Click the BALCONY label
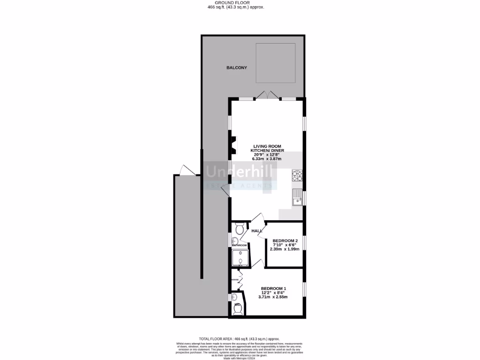(x=237, y=68)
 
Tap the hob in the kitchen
(x=298, y=176)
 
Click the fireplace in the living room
(x=233, y=145)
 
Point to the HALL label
(x=257, y=231)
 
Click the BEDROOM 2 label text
(x=285, y=241)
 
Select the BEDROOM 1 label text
(x=273, y=288)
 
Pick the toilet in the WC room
(x=239, y=309)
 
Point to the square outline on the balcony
(x=275, y=63)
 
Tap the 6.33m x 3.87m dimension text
(x=267, y=159)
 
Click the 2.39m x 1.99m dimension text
(x=285, y=249)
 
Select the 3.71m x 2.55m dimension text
(x=273, y=297)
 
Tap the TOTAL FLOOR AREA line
(x=240, y=338)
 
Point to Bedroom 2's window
(x=304, y=243)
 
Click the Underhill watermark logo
(x=240, y=176)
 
